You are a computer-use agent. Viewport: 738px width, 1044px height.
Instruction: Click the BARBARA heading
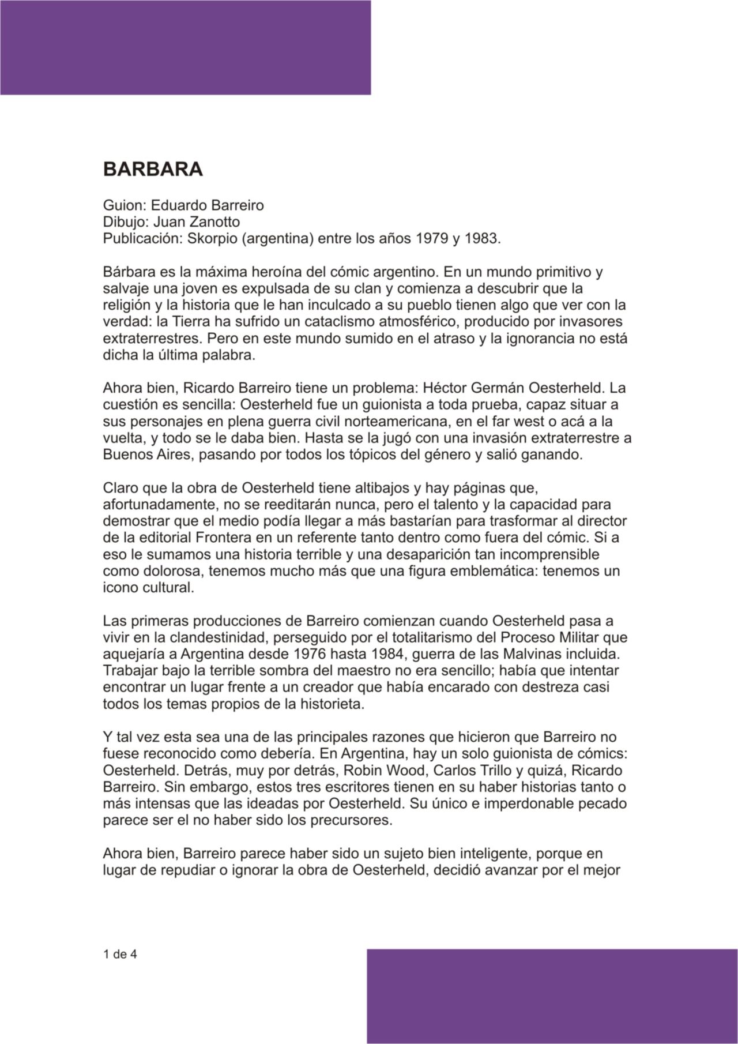coord(153,170)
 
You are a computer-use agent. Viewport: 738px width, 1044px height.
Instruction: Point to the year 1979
coord(430,239)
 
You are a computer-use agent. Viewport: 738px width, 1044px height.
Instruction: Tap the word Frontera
coord(208,538)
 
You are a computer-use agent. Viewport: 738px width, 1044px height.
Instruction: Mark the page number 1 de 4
coord(119,953)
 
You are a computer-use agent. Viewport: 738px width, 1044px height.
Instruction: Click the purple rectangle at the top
coord(185,47)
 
